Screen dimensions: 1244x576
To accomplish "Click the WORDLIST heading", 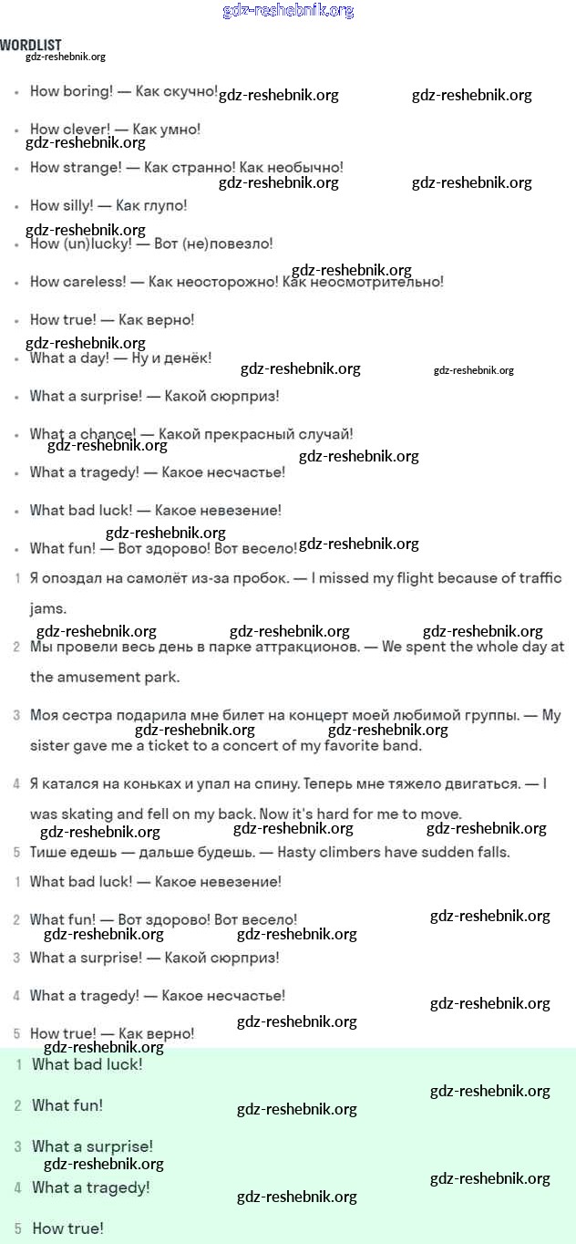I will (31, 45).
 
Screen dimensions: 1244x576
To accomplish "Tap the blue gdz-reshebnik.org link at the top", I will (288, 11).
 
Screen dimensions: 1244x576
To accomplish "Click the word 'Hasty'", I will (297, 853).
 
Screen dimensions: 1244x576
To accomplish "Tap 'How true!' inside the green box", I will (67, 1228).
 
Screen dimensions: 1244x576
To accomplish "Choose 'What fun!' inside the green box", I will (67, 1105).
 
